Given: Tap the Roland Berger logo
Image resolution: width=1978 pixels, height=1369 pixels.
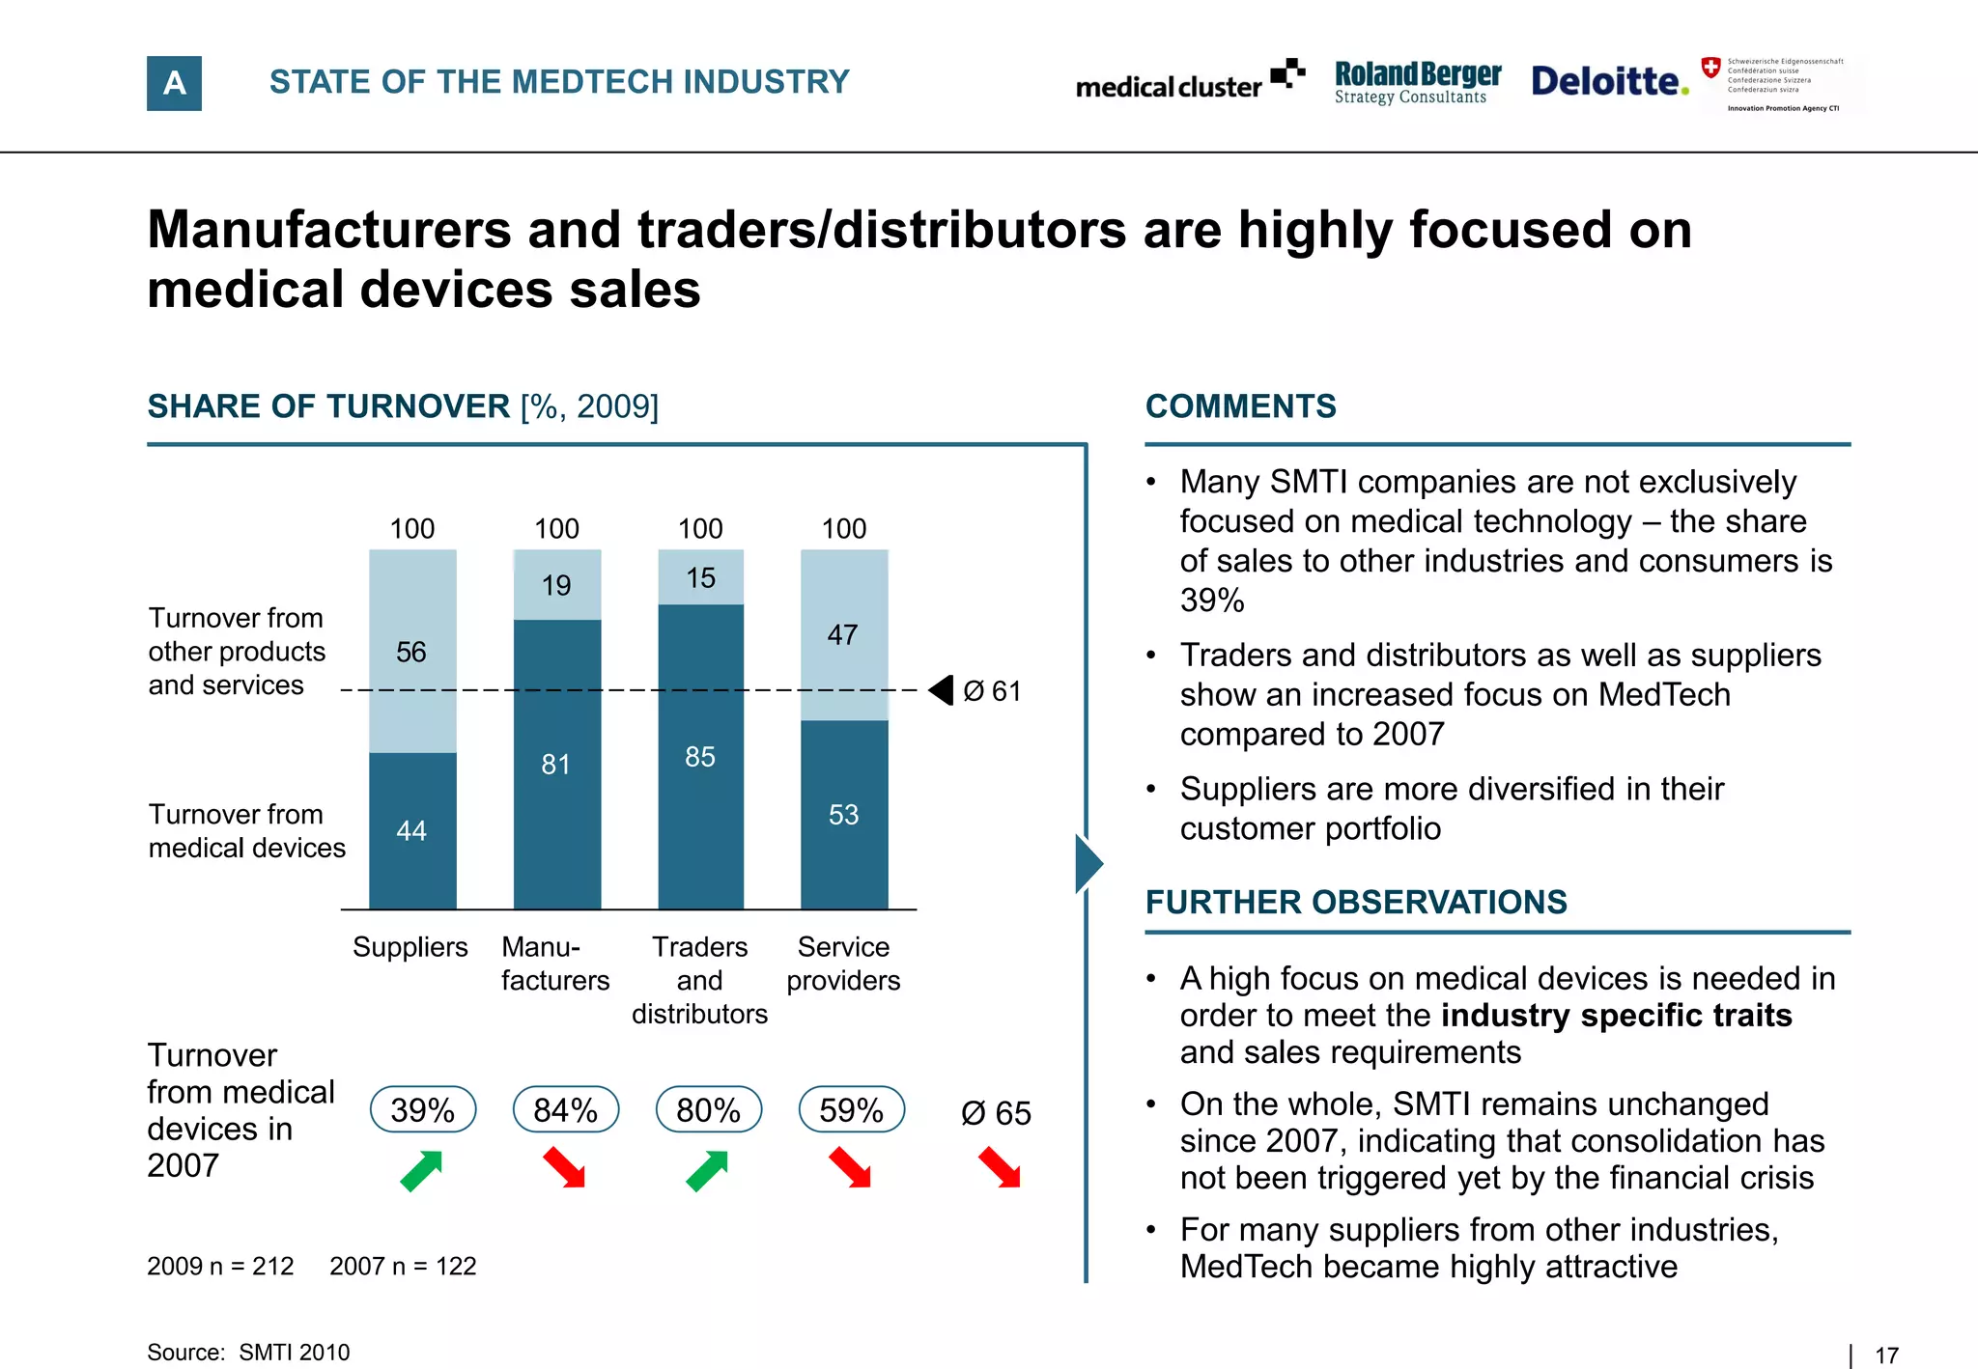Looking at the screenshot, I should pos(1417,82).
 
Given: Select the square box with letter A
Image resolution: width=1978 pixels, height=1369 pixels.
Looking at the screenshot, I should pos(174,83).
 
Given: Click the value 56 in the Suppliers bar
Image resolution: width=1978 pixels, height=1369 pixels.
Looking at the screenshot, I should pos(411,653).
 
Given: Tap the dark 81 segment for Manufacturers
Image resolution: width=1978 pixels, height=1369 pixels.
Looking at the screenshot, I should pos(556,765).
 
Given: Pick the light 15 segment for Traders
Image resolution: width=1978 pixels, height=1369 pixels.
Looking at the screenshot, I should pos(700,577).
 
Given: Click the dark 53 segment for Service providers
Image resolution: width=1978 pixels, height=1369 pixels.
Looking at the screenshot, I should pos(843,815).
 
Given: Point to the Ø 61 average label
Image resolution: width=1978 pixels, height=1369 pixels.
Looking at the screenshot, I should pos(992,691).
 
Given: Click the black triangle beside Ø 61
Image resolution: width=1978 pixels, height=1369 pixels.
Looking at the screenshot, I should pos(942,690).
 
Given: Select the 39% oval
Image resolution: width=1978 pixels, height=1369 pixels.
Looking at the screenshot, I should pos(423,1109).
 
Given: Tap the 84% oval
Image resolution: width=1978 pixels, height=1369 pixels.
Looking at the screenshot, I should pos(565,1109).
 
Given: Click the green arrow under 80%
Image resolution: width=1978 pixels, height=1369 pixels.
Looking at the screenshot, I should pos(707,1171).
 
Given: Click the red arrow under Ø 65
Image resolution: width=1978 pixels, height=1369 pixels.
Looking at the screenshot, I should pos(1000,1167).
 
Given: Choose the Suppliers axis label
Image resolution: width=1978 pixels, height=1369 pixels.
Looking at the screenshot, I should pos(410,947).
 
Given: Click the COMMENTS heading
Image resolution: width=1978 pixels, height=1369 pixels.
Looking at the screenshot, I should pos(1240,406).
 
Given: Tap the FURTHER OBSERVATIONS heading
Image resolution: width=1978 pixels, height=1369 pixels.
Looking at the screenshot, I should pos(1356,902).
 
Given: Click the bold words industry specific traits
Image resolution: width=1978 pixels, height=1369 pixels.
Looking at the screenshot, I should pos(1616,1016).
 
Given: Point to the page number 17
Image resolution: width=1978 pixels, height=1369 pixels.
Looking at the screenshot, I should pos(1886,1355).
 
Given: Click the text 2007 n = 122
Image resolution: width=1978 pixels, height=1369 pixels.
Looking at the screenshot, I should pos(403,1266).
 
